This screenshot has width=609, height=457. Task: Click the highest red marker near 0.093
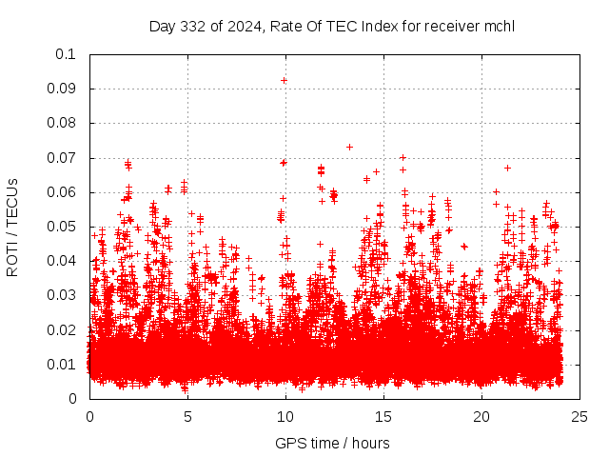(x=285, y=80)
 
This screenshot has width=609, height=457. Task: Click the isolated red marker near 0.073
(x=349, y=147)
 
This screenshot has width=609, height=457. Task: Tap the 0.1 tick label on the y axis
(x=66, y=54)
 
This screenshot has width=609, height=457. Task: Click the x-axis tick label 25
(x=580, y=416)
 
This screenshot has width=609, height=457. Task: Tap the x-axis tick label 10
(x=285, y=416)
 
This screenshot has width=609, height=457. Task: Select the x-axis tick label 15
(x=383, y=416)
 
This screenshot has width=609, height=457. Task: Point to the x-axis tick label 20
(x=481, y=416)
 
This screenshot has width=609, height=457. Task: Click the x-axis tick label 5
(x=187, y=416)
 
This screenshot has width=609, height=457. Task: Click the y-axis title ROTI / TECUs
(x=13, y=227)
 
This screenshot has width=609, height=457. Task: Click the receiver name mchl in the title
(x=499, y=26)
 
